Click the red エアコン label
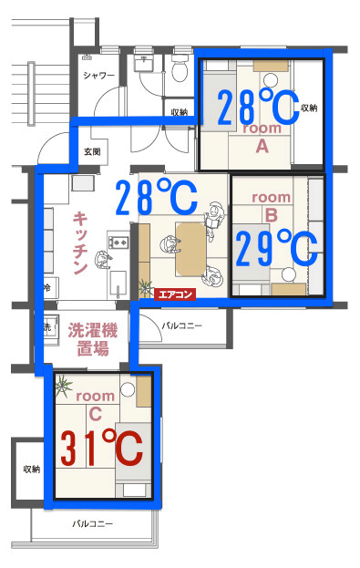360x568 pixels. [x=175, y=294]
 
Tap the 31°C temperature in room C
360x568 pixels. [x=101, y=449]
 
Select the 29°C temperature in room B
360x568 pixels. [x=277, y=249]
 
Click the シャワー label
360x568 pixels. [x=98, y=76]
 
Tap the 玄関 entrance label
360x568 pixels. [x=92, y=151]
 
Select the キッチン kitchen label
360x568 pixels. [x=80, y=243]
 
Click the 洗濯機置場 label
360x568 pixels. [x=93, y=339]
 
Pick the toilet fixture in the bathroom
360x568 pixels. [x=180, y=67]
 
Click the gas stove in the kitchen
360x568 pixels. [x=118, y=242]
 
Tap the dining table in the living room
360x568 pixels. [x=190, y=249]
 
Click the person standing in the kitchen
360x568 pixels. [x=103, y=259]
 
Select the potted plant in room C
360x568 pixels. [x=64, y=387]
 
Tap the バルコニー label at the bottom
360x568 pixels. [x=93, y=524]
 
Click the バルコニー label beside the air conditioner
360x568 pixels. [x=181, y=325]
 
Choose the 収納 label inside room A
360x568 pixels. [x=309, y=108]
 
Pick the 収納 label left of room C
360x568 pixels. [x=32, y=470]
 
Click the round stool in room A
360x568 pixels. [x=270, y=79]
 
